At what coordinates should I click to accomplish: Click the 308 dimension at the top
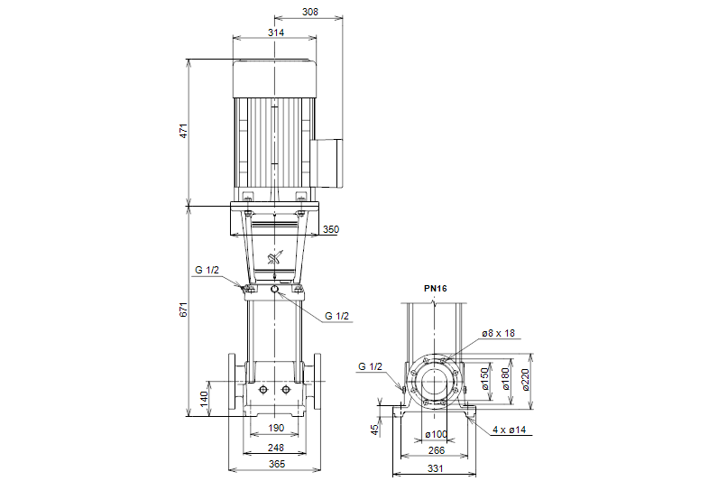point(310,12)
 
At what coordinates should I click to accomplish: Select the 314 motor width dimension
point(275,32)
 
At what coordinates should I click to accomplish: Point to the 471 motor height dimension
point(183,132)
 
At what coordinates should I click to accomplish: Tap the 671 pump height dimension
point(183,309)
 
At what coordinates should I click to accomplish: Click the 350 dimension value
point(330,230)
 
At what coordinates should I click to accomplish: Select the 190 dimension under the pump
point(275,428)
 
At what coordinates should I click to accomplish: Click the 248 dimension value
point(275,448)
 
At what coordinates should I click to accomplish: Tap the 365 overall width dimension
point(277,464)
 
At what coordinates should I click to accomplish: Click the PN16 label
point(436,289)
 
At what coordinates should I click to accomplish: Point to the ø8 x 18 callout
point(498,333)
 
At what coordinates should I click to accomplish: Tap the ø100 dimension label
point(437,435)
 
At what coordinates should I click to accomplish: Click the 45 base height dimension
point(375,430)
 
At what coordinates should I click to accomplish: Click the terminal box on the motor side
point(328,162)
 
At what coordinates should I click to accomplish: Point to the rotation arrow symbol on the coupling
point(275,258)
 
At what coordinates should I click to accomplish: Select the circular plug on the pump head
point(274,290)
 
